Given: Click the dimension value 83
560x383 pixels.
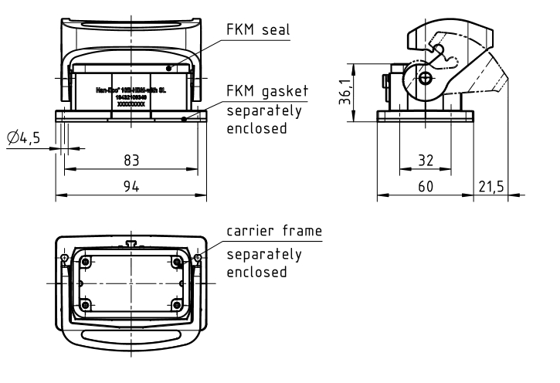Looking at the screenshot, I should [x=131, y=160].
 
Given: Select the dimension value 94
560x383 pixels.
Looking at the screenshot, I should [x=131, y=187].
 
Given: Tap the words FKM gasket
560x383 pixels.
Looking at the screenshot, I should [x=266, y=91].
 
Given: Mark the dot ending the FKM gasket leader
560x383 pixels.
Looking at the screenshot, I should [x=184, y=119].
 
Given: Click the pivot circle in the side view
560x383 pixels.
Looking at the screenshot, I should [x=426, y=77].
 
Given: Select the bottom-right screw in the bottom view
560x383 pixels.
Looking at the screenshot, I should [x=178, y=304].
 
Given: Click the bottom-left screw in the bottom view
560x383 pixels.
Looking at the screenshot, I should [x=86, y=304].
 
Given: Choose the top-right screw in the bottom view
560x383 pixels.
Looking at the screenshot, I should [x=178, y=263].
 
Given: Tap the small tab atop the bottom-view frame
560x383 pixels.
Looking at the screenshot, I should [x=131, y=244].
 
